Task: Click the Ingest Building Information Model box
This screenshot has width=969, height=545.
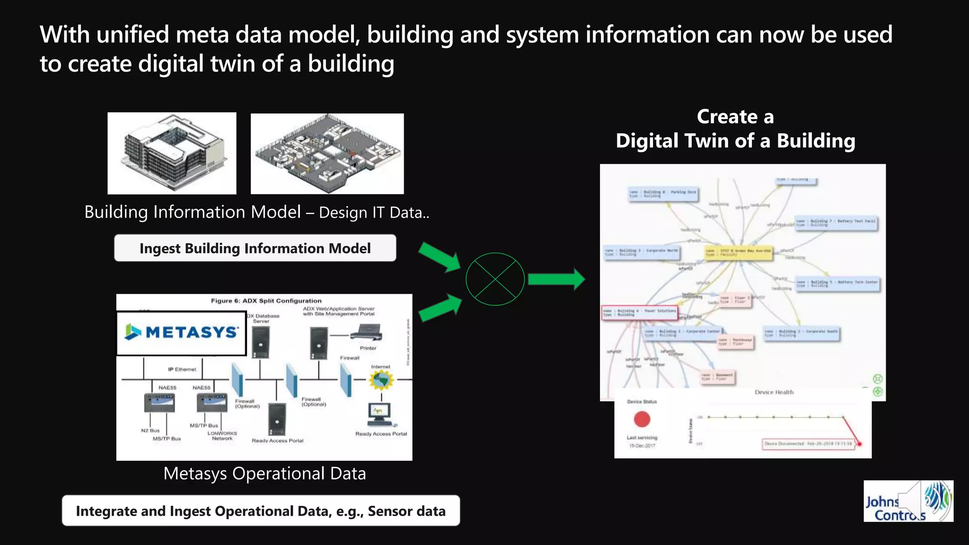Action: (255, 248)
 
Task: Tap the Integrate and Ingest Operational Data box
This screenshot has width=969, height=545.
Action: (261, 511)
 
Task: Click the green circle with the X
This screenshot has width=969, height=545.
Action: (495, 279)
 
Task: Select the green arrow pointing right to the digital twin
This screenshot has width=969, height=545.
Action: (556, 279)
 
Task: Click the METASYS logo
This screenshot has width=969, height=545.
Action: (182, 333)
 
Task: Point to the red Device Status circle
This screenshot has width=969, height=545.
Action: (642, 419)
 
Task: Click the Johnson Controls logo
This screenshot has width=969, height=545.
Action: (908, 501)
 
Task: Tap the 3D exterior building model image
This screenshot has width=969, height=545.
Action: (172, 153)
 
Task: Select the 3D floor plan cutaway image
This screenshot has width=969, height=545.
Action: (327, 154)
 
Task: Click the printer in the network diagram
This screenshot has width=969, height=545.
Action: (367, 333)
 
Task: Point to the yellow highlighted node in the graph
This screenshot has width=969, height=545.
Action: (738, 253)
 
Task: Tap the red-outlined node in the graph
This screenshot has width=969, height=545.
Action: (639, 313)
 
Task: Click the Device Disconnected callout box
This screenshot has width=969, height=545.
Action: (808, 444)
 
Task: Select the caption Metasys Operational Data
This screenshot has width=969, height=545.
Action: (264, 474)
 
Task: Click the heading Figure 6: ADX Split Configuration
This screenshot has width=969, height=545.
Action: (266, 301)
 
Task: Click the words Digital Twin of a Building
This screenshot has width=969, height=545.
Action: (735, 141)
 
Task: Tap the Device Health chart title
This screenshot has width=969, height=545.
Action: (774, 392)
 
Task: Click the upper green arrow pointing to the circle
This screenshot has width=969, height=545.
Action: (440, 257)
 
